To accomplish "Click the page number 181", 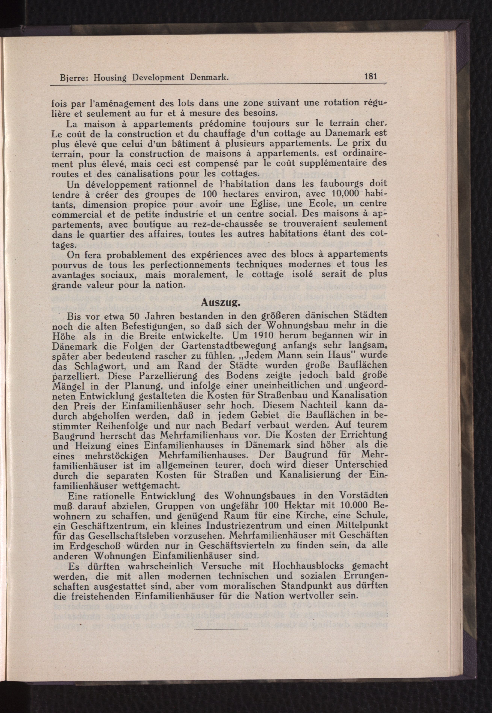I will pos(370,76).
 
